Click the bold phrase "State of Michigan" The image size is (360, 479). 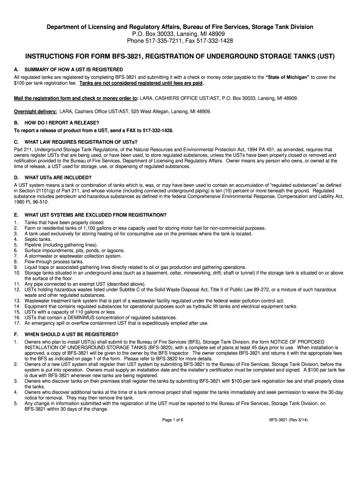(x=287, y=77)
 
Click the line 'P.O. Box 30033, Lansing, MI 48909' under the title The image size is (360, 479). (x=180, y=34)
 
